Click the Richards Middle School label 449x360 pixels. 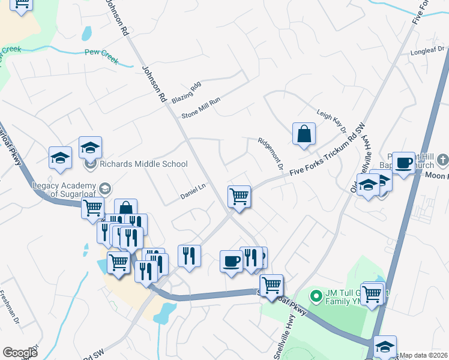point(144,164)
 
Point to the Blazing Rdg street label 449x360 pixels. point(185,93)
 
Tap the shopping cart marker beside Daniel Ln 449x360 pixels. point(239,196)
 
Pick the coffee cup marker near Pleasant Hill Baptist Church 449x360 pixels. point(403,162)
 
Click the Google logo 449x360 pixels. point(20,353)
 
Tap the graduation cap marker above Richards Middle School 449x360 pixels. point(90,147)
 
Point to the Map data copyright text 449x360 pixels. point(423,355)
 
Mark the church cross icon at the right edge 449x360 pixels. point(443,160)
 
